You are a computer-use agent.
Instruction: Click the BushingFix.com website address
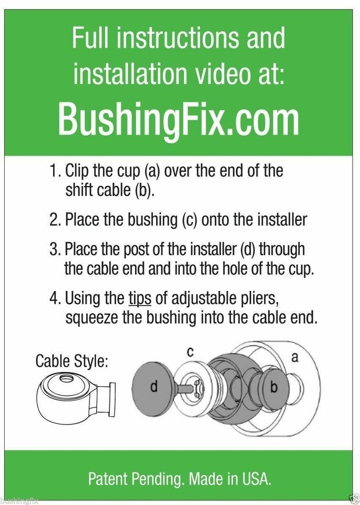(179, 119)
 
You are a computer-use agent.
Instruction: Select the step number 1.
(55, 170)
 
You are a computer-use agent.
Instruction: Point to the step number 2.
(55, 220)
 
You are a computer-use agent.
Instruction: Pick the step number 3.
(55, 249)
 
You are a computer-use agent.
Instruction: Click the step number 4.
(55, 298)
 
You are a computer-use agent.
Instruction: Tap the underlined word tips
(140, 299)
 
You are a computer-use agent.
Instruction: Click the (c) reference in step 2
(190, 220)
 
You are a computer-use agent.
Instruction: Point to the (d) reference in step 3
(248, 249)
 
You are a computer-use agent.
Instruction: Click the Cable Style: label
(71, 361)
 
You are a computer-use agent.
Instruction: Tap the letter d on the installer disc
(154, 386)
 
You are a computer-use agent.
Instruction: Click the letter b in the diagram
(274, 387)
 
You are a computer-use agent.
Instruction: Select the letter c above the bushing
(190, 352)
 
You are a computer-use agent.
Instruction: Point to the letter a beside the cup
(294, 357)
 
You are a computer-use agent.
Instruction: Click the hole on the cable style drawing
(66, 378)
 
